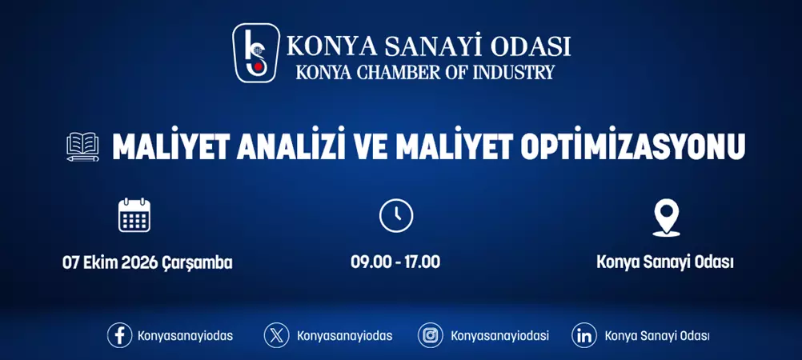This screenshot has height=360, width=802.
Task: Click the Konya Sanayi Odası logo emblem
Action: click(256, 53)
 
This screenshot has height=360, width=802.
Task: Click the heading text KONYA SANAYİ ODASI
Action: click(428, 45)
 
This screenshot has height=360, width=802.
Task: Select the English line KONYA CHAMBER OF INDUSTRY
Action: click(425, 72)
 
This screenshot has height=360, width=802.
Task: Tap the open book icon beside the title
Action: click(82, 147)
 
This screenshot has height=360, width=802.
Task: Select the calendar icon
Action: click(134, 215)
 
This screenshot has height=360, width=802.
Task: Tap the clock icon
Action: click(395, 216)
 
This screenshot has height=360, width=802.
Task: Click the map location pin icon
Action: click(666, 217)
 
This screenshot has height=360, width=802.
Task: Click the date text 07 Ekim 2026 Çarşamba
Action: click(147, 262)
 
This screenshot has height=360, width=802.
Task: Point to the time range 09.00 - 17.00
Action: click(395, 262)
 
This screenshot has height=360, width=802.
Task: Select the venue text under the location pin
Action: click(665, 262)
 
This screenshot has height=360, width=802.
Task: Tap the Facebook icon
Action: click(119, 335)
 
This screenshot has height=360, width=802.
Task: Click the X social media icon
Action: click(276, 335)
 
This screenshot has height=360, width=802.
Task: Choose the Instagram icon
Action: click(430, 335)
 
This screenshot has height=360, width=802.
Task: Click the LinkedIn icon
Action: click(583, 335)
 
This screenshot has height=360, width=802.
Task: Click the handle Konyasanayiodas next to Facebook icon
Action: click(185, 336)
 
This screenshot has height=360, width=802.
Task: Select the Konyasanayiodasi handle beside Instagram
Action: click(499, 336)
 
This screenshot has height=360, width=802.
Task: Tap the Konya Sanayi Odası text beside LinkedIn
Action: click(656, 336)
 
